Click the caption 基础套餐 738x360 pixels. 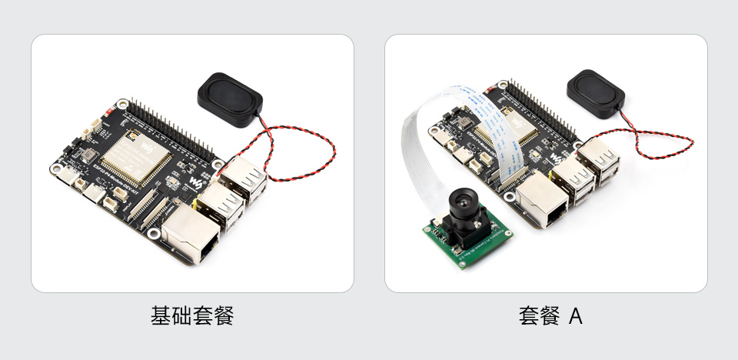point(192,315)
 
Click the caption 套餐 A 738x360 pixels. point(550,315)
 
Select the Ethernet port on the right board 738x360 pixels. point(545,202)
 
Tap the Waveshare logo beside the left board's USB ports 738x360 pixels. point(196,183)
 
